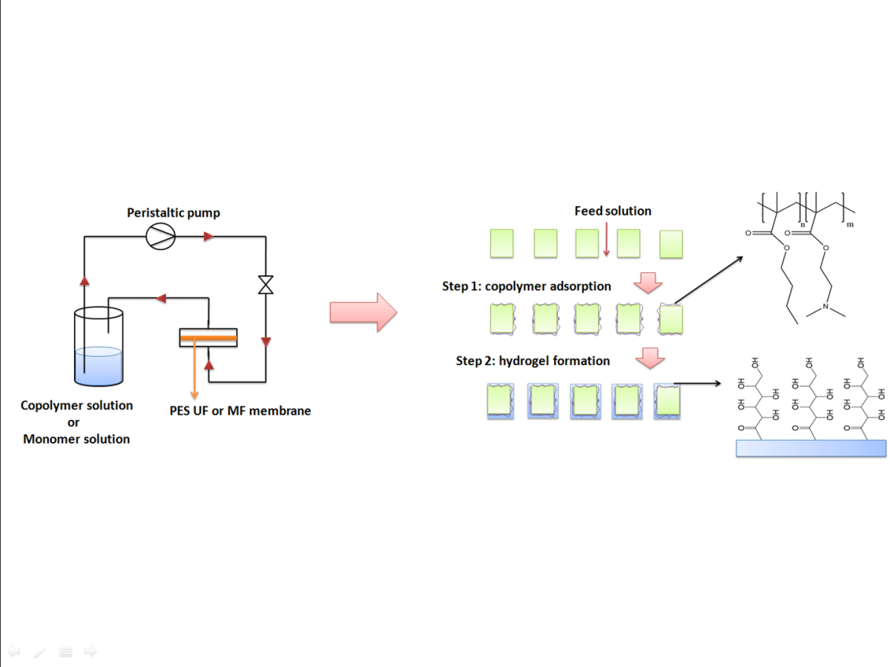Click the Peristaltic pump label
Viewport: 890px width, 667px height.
173,213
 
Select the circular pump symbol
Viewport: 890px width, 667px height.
161,237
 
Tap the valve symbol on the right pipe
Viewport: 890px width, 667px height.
266,285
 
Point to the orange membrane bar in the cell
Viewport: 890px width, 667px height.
208,339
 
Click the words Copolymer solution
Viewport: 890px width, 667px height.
77,406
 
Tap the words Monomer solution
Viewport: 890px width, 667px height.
76,439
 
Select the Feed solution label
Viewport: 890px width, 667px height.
613,211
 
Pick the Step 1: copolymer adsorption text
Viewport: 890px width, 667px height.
527,286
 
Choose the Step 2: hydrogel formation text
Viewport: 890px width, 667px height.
533,361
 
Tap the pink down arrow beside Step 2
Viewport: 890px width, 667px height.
650,358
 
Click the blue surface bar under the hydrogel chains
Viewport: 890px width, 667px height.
810,448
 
